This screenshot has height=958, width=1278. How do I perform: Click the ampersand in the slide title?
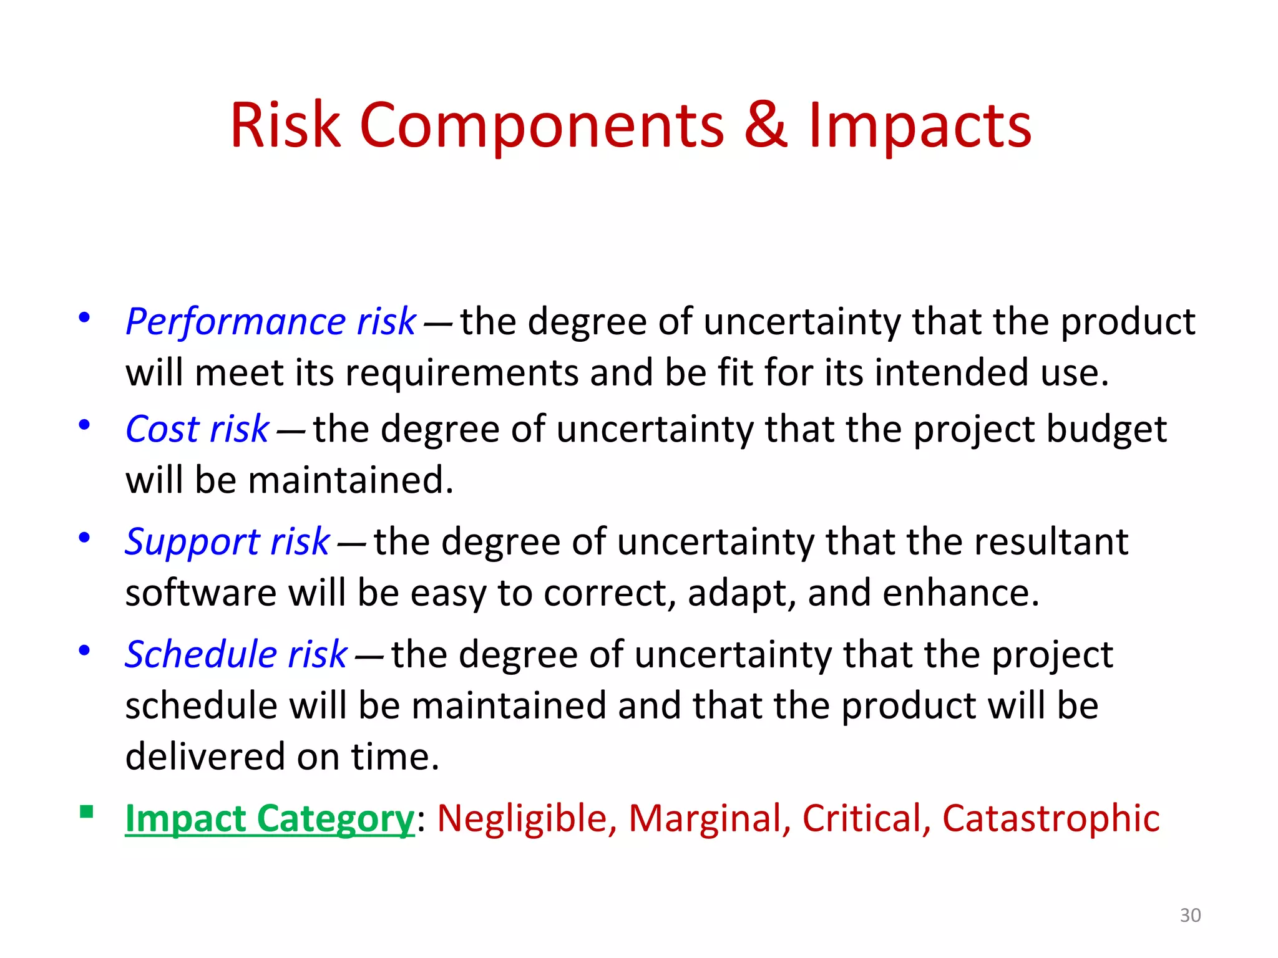[766, 125]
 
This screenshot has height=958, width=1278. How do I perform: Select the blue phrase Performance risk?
[270, 322]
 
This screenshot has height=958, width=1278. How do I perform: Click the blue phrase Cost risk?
[197, 430]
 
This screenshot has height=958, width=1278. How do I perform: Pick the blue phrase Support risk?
[227, 542]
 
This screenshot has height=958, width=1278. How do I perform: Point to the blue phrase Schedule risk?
[236, 655]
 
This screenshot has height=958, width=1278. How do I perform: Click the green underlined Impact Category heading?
[270, 819]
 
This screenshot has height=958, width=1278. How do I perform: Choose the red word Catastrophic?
[1051, 819]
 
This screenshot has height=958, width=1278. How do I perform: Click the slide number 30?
[1190, 916]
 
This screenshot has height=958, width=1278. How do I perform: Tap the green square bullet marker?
[87, 811]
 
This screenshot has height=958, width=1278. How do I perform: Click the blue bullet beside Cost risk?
[84, 425]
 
